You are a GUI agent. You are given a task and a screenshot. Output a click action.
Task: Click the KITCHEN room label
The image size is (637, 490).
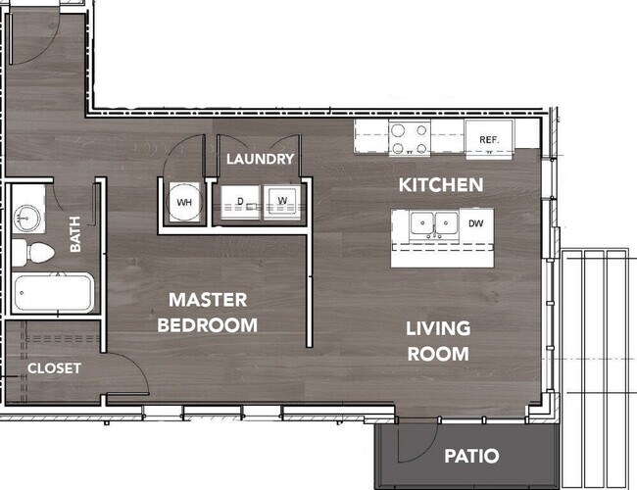[441, 185]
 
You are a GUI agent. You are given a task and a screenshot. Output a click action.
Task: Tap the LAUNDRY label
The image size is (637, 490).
[260, 159]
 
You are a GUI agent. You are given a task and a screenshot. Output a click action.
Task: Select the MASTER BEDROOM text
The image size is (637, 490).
[208, 313]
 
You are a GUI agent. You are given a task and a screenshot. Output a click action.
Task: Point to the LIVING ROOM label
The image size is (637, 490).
[438, 341]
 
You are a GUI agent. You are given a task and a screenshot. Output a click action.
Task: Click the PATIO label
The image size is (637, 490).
[471, 456]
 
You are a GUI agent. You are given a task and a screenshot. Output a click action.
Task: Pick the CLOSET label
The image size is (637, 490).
[54, 368]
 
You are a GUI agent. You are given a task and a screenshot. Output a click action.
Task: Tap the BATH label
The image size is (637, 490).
[75, 234]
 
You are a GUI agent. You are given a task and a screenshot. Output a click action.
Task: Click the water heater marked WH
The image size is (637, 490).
[184, 202]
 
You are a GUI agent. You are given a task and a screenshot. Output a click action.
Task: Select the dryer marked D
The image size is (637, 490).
[240, 202]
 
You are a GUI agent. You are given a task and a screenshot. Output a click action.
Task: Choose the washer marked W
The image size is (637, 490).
[282, 202]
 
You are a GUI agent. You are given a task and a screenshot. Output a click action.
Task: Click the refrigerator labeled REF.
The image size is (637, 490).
[489, 138]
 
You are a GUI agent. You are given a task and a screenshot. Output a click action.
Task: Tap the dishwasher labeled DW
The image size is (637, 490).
[476, 223]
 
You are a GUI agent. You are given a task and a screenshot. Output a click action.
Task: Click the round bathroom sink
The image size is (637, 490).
[26, 219]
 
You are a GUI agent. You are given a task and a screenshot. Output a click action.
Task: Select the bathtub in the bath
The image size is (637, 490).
[53, 293]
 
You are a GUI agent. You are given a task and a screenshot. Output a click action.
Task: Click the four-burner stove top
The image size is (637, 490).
[410, 138]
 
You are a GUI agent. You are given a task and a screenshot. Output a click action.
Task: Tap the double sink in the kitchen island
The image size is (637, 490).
[434, 224]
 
